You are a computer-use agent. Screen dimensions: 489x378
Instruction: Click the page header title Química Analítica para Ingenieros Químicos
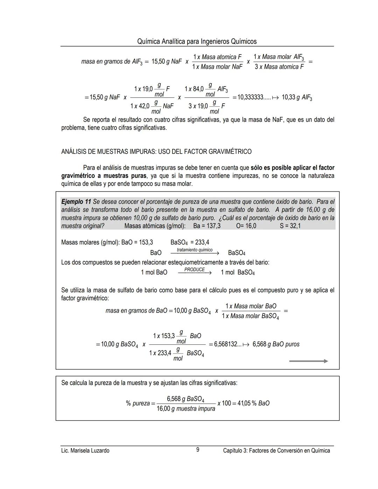click(197, 42)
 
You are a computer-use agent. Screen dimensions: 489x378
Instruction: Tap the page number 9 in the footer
click(197, 450)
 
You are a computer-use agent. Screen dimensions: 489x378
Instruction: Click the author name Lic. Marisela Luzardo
click(85, 450)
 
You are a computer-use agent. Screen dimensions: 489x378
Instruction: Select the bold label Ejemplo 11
click(76, 202)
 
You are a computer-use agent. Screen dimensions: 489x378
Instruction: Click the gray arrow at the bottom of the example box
click(308, 361)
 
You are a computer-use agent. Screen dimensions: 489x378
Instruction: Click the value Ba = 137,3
click(207, 226)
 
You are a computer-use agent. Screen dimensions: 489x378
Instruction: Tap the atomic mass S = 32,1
click(290, 226)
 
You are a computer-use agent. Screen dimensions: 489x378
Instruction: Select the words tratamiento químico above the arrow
click(195, 250)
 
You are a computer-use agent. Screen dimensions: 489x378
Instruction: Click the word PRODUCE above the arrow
click(195, 270)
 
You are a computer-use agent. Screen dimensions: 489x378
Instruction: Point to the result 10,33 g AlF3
click(297, 97)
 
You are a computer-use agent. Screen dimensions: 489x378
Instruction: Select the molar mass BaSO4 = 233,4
click(190, 242)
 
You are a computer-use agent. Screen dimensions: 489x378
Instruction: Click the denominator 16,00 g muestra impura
click(186, 409)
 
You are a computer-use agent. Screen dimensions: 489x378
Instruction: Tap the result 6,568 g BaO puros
click(276, 344)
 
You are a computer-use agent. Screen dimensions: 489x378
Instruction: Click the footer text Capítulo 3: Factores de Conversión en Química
click(276, 450)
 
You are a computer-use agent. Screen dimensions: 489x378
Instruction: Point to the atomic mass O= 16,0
click(246, 226)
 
